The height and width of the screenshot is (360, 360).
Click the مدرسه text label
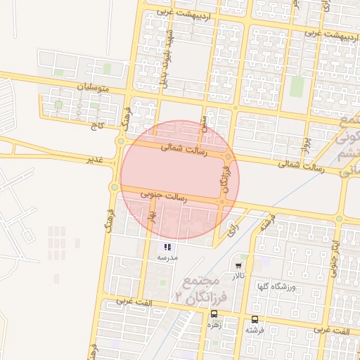click(167, 257)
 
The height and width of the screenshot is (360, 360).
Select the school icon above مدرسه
click(167, 247)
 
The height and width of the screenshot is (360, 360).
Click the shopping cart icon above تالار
click(239, 266)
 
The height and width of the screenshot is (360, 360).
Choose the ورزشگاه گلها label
click(282, 287)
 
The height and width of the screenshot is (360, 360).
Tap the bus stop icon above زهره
click(214, 315)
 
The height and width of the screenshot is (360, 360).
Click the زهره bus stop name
click(214, 326)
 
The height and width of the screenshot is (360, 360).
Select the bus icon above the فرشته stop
click(254, 319)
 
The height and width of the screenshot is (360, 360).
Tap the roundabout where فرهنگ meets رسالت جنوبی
click(114, 187)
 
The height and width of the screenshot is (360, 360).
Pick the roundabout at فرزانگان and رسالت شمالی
click(229, 157)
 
